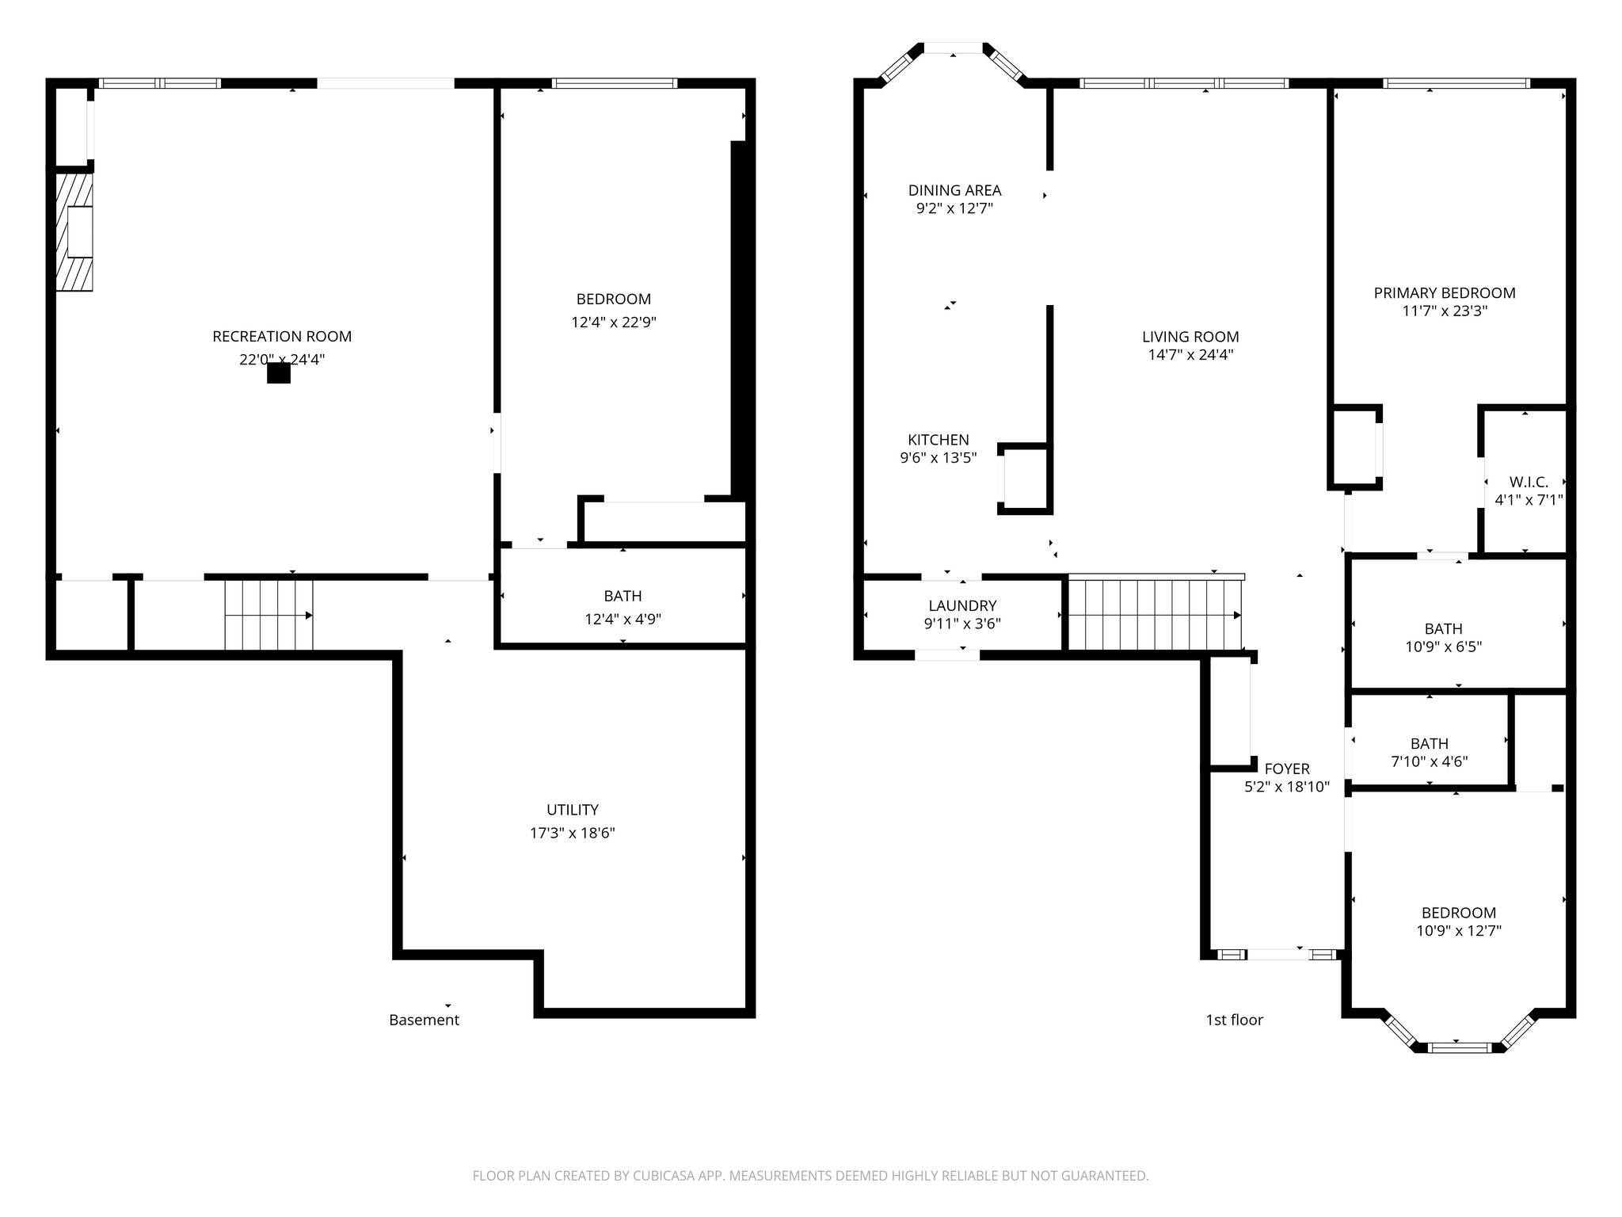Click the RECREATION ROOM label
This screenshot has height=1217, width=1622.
(x=282, y=337)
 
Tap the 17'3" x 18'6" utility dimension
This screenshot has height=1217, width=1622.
(x=572, y=833)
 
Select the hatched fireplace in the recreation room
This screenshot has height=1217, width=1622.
(x=74, y=231)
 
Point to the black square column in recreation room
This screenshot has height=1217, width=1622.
(x=279, y=372)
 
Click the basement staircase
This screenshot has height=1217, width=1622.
(x=268, y=615)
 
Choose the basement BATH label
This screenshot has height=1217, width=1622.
(x=623, y=596)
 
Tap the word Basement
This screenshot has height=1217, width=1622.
(x=424, y=1021)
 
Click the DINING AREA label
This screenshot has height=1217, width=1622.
(x=954, y=190)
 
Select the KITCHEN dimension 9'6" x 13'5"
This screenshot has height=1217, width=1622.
(x=938, y=458)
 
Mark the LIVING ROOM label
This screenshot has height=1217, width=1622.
(x=1190, y=337)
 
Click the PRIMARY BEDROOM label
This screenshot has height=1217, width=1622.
(x=1445, y=293)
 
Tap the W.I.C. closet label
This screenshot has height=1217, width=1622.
(x=1529, y=482)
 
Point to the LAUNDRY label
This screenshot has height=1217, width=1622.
(x=962, y=606)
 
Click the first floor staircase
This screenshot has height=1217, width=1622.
(x=1153, y=615)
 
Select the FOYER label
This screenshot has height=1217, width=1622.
(x=1287, y=769)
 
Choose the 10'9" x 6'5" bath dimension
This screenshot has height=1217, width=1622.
(x=1443, y=647)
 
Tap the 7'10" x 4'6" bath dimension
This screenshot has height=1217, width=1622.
(x=1430, y=762)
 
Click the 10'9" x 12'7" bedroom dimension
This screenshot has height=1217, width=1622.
(x=1459, y=931)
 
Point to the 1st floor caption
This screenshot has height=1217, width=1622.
(x=1234, y=1021)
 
